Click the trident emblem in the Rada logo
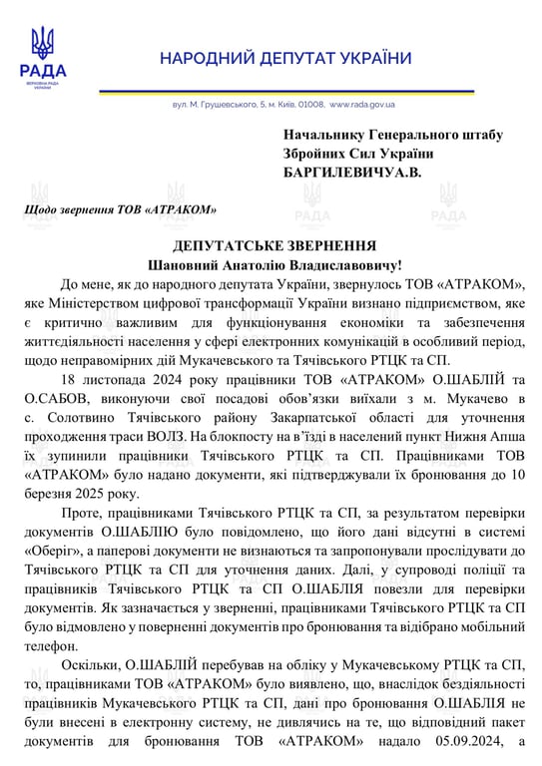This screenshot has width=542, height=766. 43,43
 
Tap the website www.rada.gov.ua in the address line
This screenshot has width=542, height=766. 361,104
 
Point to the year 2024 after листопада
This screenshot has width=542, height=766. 167,380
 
